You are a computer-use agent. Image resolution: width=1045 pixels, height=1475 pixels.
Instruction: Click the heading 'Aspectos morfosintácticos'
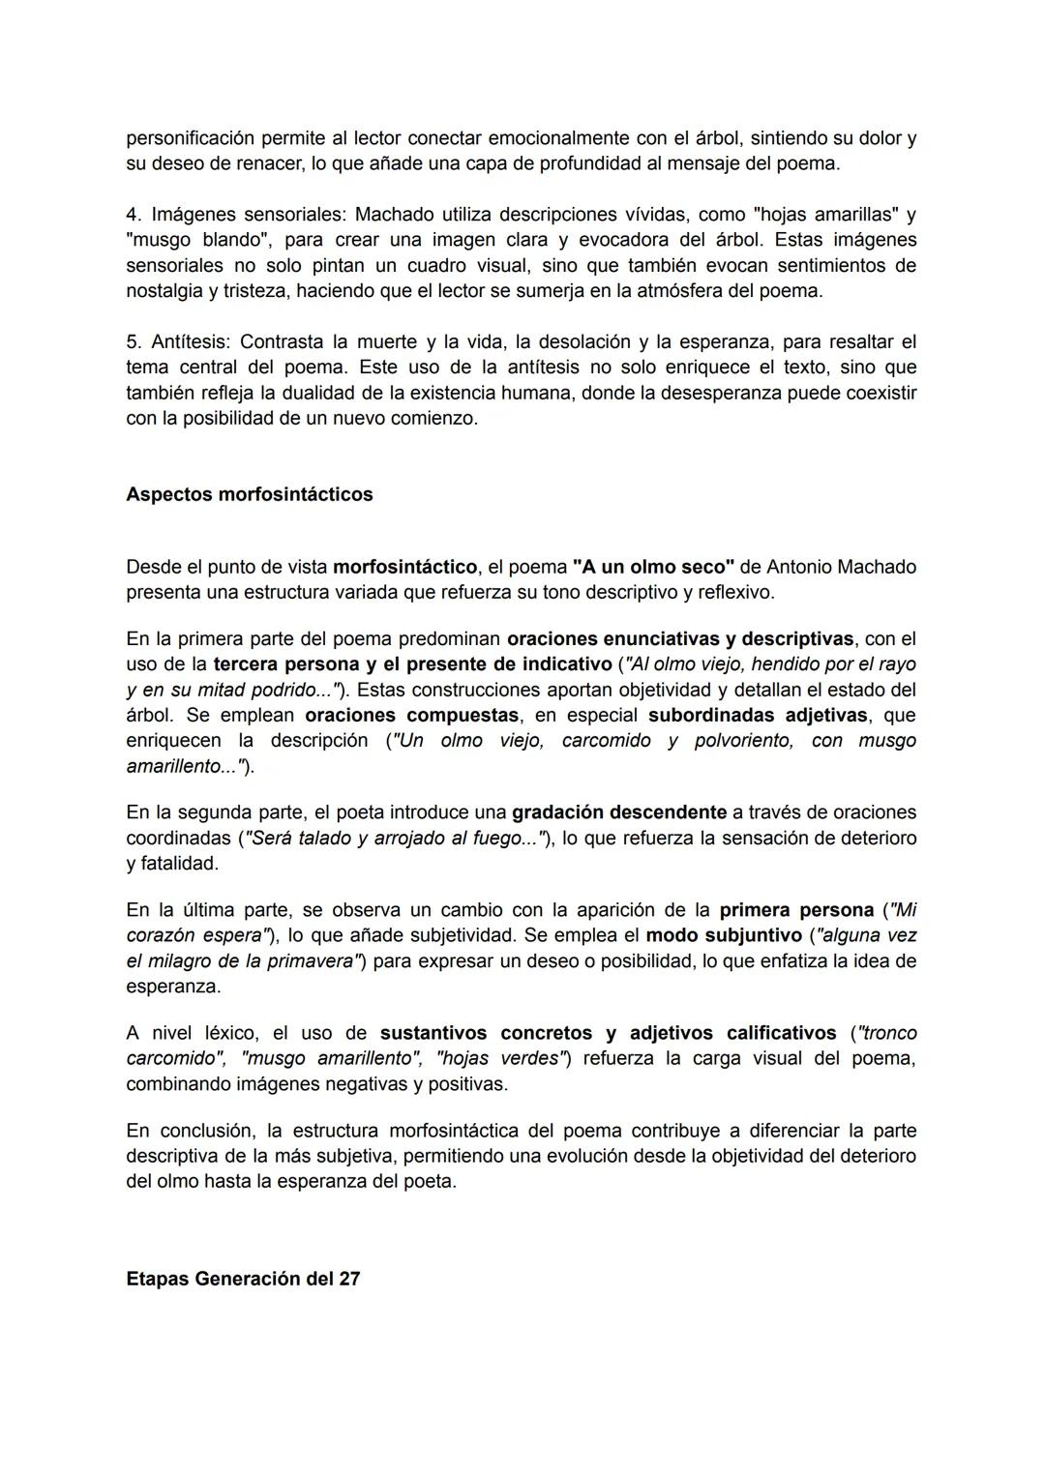pos(249,494)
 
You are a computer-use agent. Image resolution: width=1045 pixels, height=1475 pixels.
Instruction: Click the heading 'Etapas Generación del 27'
pos(243,1279)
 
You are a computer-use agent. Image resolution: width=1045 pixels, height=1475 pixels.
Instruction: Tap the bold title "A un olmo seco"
pos(653,567)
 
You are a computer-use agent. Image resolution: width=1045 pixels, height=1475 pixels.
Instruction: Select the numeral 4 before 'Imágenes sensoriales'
pos(132,214)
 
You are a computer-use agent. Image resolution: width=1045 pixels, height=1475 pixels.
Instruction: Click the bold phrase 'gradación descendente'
pos(619,812)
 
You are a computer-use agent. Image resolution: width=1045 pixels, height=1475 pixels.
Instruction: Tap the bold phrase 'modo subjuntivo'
pos(724,935)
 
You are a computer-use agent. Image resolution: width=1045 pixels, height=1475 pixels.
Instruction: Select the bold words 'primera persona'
pos(796,910)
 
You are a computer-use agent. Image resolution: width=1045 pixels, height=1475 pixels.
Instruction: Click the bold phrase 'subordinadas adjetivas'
pos(758,715)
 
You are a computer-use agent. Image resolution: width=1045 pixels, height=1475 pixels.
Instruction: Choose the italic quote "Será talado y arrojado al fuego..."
pos(396,838)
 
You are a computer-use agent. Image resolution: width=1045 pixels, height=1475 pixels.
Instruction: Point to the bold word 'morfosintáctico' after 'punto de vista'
pos(404,567)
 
